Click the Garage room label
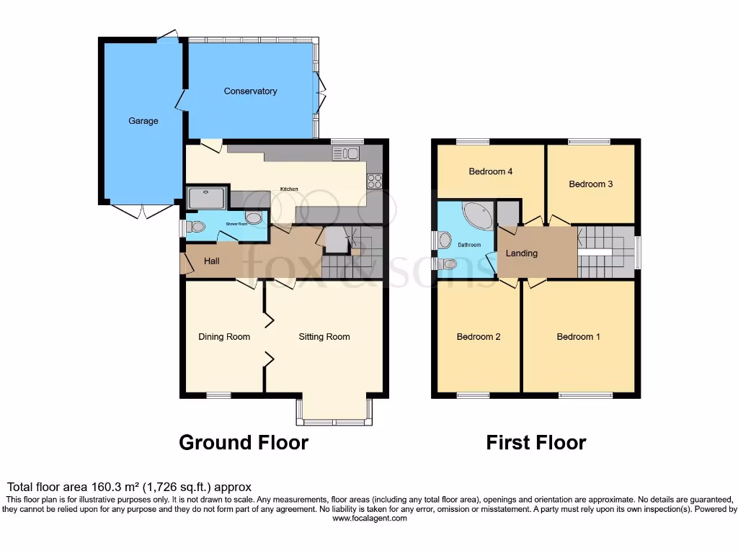[143, 121]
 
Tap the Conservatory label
[250, 91]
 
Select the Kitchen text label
[289, 189]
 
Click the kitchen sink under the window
[347, 153]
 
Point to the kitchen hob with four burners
[375, 181]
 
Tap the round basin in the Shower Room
[254, 218]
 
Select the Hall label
[211, 261]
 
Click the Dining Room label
[224, 337]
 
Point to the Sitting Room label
[324, 337]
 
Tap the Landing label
[521, 253]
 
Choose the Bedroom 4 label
[490, 171]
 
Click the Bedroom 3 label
[590, 184]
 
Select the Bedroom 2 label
[479, 337]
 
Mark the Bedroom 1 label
[579, 337]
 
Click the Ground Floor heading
[243, 442]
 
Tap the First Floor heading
[535, 442]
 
